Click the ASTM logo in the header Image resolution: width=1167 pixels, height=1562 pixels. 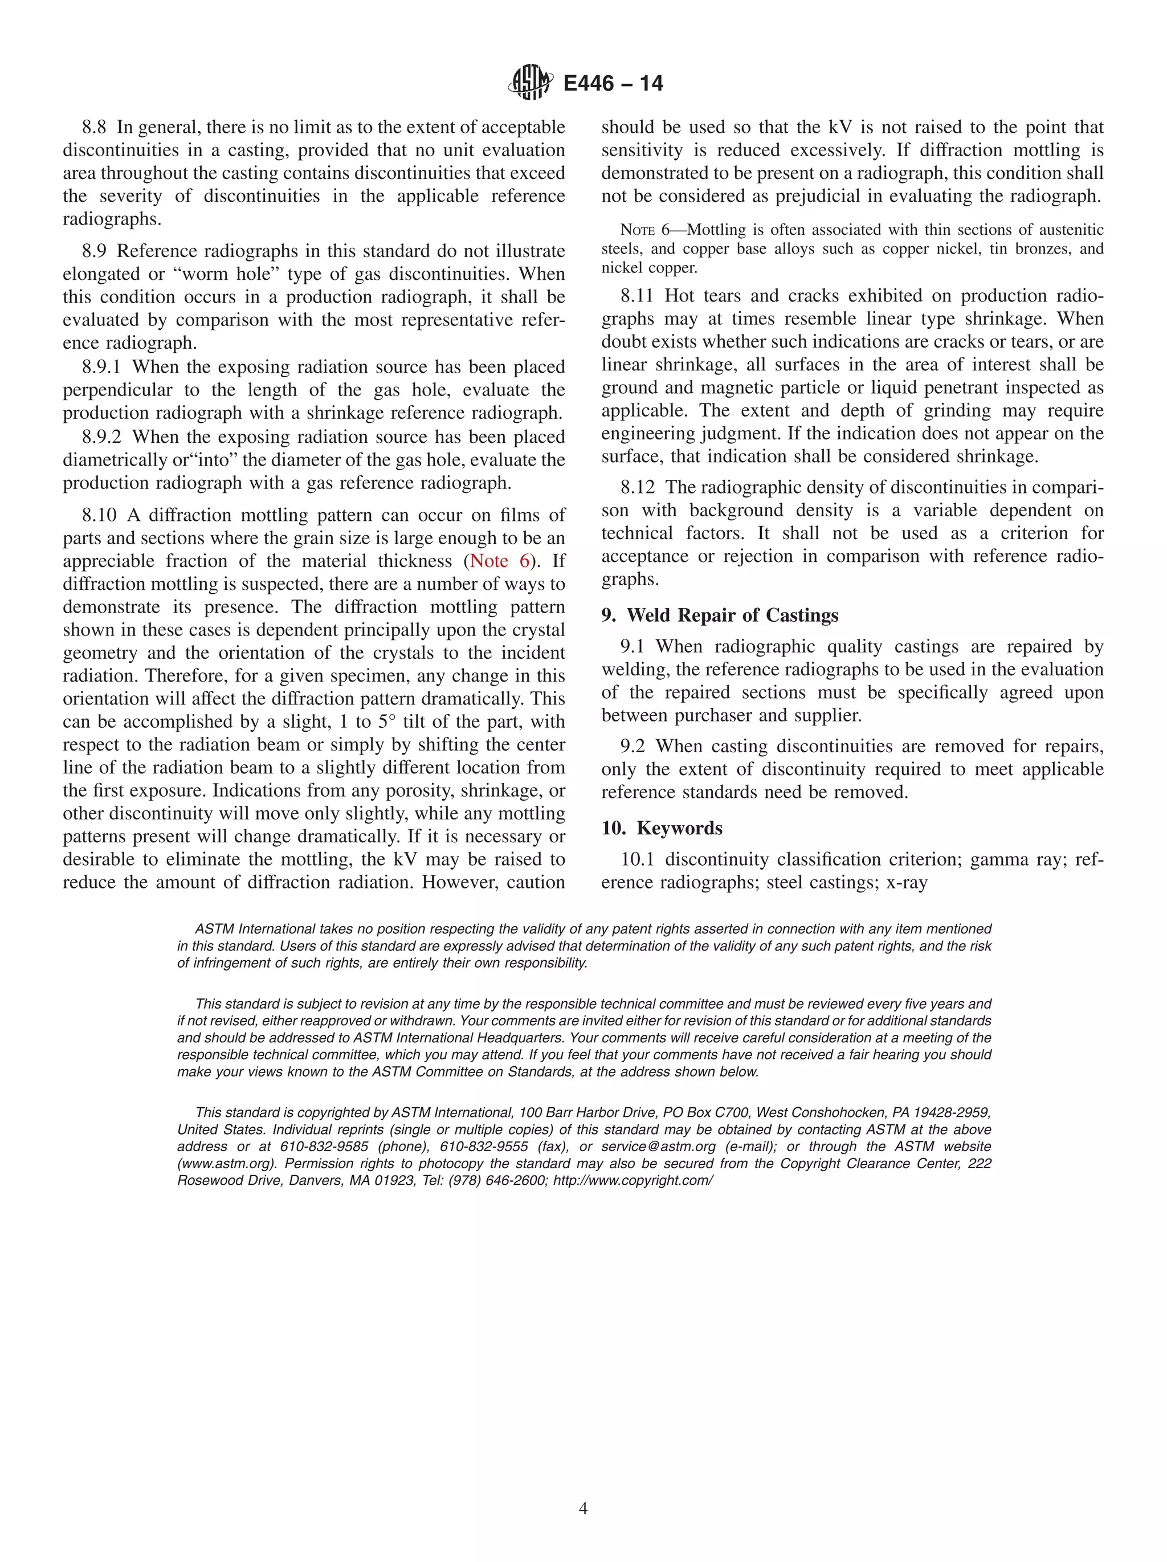(x=529, y=83)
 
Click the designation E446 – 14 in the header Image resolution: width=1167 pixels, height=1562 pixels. (x=613, y=83)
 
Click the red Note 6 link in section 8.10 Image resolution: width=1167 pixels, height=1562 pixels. (x=499, y=561)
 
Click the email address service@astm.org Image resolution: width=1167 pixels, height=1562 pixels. (x=658, y=1147)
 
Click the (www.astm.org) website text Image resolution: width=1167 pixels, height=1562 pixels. (x=226, y=1164)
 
